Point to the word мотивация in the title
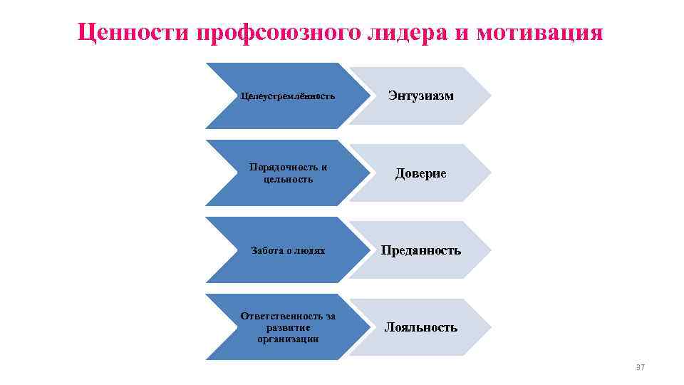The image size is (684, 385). (540, 32)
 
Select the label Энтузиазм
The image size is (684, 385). (420, 96)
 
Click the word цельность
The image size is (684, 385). (288, 179)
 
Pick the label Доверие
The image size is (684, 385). (421, 173)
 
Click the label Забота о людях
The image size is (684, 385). (288, 251)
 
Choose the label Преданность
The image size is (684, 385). (420, 250)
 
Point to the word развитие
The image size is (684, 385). (288, 327)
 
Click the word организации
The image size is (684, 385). (288, 339)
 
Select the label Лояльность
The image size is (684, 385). (421, 327)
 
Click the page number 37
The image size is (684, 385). (639, 367)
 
